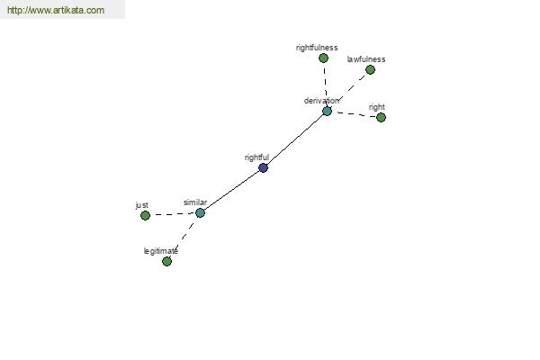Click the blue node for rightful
[263, 167]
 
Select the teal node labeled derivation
[327, 111]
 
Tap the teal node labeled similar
[200, 213]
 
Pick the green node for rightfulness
[323, 58]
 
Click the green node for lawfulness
[370, 70]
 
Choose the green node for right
[381, 118]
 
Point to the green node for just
[145, 216]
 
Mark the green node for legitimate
[166, 262]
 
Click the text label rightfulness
[317, 48]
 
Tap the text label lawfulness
[366, 59]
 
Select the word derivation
[321, 101]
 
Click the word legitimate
[161, 251]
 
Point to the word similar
[195, 202]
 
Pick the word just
[142, 205]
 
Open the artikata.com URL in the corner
[56, 10]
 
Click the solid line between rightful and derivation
[295, 139]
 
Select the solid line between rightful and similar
[232, 190]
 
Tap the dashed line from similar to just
[173, 214]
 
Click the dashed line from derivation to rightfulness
[325, 85]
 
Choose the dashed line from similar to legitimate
[184, 238]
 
